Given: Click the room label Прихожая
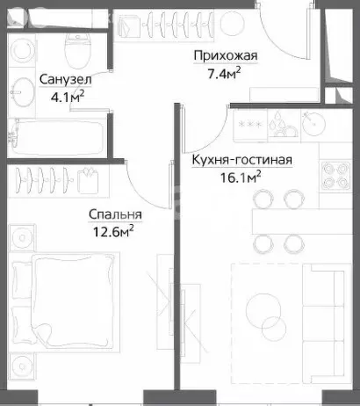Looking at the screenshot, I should point(225,57).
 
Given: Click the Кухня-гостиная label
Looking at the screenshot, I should point(241,161).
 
